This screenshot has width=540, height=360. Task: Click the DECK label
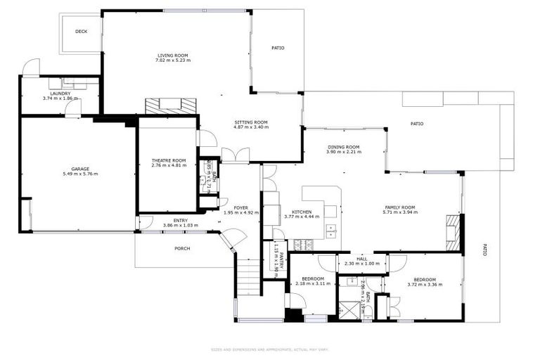[x=81, y=31]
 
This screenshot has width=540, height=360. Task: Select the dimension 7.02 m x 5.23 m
[x=173, y=60]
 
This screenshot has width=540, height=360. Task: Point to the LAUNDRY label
[x=60, y=94]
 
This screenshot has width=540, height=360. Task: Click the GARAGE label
[x=80, y=168]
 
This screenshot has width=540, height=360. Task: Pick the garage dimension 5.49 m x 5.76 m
[x=80, y=174]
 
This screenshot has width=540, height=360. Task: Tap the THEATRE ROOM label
[x=169, y=160]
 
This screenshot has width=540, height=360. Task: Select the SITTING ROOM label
[x=251, y=122]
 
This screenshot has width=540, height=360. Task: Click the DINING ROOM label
[x=344, y=146]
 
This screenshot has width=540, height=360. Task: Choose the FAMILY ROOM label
[x=399, y=207]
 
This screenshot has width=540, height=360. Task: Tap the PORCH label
[x=182, y=248]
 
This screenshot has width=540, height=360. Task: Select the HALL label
[x=362, y=259]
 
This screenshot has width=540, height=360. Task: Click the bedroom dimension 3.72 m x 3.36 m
[x=426, y=284]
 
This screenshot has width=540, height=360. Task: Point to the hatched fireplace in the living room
[x=171, y=106]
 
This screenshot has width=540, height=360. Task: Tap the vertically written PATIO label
[x=484, y=249]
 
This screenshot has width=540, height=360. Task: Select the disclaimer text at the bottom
[x=270, y=349]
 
